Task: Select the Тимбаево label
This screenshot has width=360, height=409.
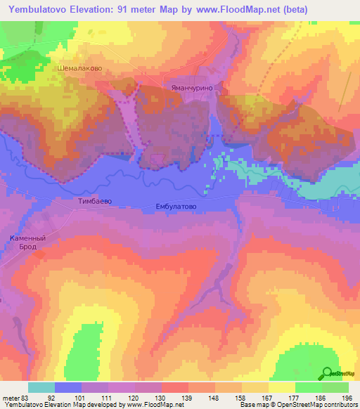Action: click(94, 200)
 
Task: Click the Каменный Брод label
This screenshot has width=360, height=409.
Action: click(28, 242)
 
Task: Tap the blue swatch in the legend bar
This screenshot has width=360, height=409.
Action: click(68, 387)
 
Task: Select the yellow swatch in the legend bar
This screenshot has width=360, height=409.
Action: click(282, 387)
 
